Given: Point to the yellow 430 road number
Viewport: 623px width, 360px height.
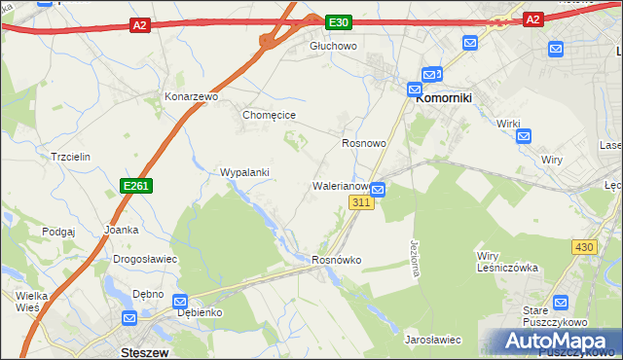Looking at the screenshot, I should [x=583, y=247].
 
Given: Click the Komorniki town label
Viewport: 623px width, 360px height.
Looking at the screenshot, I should [x=444, y=97].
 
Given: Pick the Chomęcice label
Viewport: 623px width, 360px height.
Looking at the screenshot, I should [x=269, y=115].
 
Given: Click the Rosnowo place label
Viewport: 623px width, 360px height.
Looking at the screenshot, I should [x=364, y=143].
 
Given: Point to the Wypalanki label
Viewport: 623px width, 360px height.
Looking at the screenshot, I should [x=244, y=172].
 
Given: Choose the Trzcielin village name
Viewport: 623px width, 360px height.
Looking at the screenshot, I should [x=70, y=156].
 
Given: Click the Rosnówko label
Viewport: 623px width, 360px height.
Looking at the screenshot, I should [x=337, y=261].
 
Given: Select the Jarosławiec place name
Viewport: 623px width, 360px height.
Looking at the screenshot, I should [x=432, y=340].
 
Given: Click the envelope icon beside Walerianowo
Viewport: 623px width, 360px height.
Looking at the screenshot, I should [x=378, y=190].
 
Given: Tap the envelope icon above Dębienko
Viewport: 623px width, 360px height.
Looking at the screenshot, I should [x=180, y=302].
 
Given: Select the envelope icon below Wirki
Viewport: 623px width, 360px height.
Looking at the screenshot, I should [x=524, y=135].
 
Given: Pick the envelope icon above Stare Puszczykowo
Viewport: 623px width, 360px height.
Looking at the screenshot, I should [x=560, y=303].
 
